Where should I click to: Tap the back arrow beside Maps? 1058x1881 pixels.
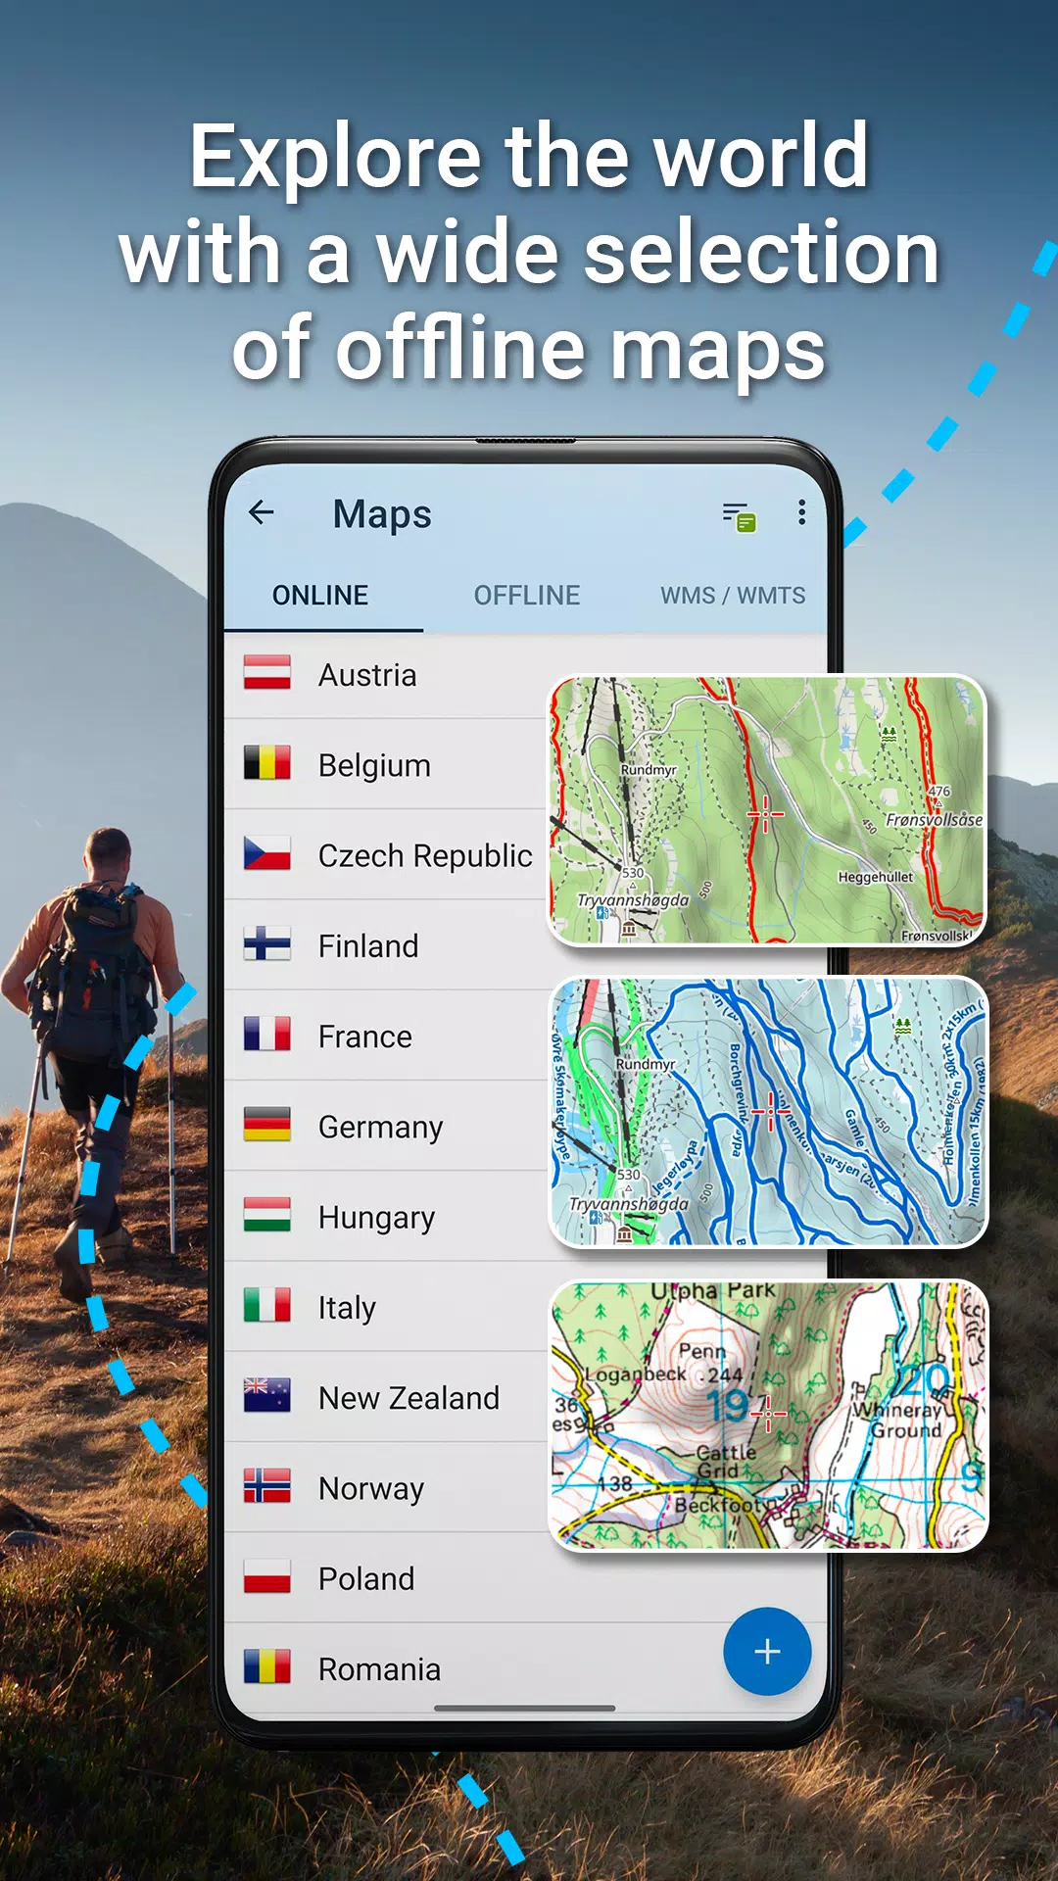261,512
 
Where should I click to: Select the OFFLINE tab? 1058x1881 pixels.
526,596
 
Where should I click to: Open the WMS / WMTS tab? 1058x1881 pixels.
733,596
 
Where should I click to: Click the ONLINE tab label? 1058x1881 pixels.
320,596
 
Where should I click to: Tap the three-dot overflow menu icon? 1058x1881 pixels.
801,512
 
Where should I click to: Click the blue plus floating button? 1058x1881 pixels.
767,1652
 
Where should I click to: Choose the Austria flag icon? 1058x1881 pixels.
266,674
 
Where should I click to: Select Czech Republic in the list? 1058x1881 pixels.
424,856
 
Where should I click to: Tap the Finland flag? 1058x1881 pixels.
266,945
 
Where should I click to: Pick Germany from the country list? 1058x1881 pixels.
380,1128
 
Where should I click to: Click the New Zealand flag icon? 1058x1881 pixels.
266,1396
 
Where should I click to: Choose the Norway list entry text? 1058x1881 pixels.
371,1489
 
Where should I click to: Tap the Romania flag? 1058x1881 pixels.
266,1667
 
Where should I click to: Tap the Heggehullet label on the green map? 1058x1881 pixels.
875,878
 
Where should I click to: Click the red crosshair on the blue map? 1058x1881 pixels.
771,1112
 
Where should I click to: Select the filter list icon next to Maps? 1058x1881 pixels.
739,515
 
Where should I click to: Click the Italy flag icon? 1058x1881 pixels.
266,1306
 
